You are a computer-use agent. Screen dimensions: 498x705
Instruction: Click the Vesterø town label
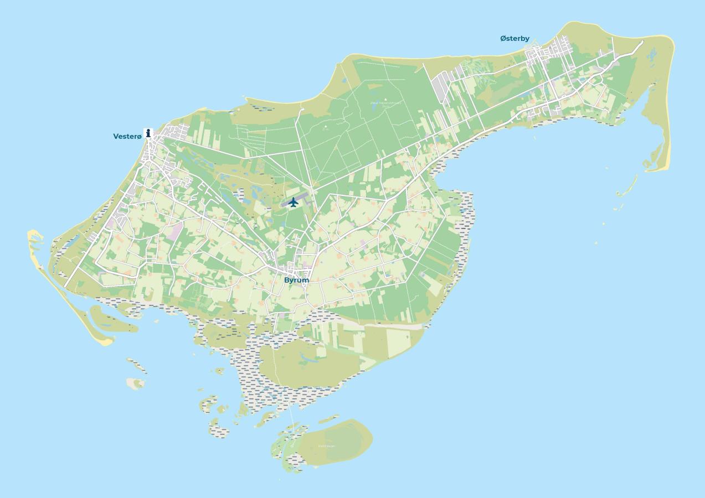click(x=127, y=136)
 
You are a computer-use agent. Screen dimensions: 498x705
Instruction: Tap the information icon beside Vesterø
click(x=148, y=133)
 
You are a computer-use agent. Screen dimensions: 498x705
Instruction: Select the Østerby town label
click(x=514, y=39)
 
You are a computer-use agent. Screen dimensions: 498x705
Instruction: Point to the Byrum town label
click(x=296, y=280)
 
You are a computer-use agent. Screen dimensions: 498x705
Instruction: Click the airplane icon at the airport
click(x=294, y=202)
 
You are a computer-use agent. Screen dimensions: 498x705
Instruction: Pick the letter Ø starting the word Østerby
click(x=503, y=39)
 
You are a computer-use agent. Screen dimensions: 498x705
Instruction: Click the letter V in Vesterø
click(x=116, y=136)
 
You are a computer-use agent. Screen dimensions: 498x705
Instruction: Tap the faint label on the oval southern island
click(x=326, y=446)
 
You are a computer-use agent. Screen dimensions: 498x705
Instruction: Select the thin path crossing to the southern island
click(x=289, y=409)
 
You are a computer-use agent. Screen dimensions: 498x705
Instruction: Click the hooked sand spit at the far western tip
click(x=34, y=238)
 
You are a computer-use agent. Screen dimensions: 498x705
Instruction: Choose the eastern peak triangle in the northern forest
click(x=386, y=100)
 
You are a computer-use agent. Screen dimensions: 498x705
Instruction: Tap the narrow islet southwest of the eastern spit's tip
click(x=627, y=187)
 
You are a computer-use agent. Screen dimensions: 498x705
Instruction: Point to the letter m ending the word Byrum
click(x=305, y=280)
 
